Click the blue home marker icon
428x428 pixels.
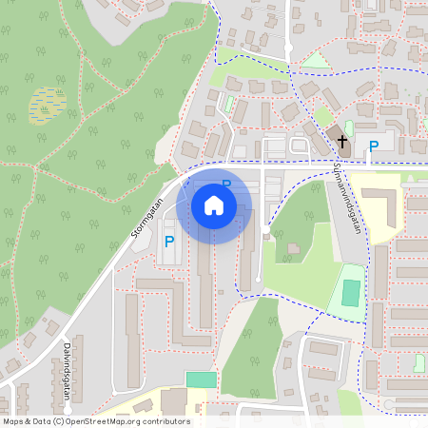coord(214,204)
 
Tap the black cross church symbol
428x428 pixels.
coord(342,144)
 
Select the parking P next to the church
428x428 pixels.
coord(374,146)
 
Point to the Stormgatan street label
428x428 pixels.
coord(148,211)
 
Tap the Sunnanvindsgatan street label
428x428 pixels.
coord(349,199)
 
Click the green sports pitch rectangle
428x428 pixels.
coord(352,292)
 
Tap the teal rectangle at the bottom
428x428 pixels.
coord(201,379)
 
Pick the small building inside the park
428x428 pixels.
coord(292,249)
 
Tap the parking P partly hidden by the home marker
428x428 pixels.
coord(226,184)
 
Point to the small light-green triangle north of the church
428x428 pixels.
coord(314,61)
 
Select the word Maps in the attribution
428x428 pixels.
coord(14,421)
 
